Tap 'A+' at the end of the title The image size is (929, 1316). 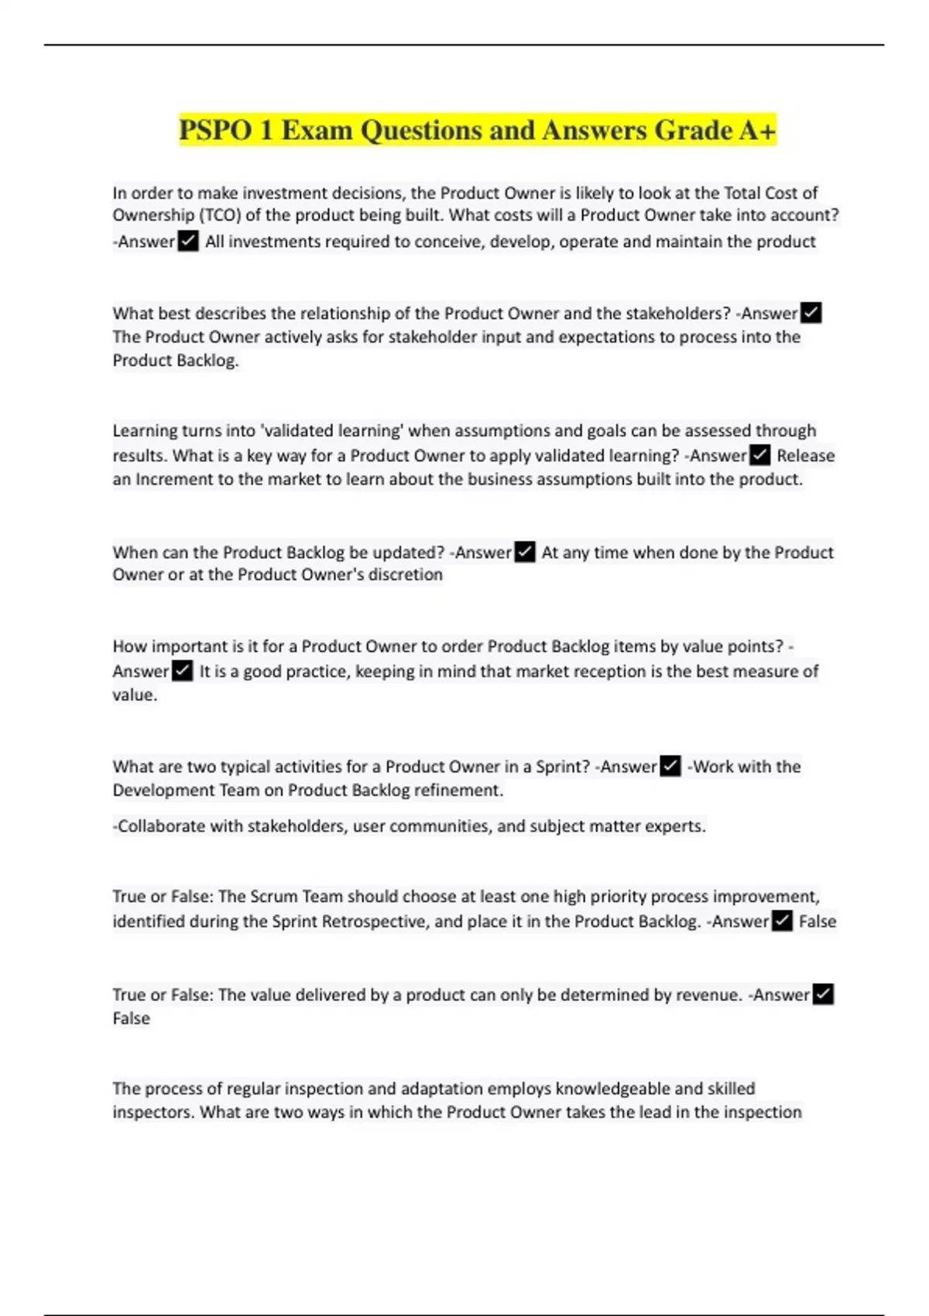(756, 130)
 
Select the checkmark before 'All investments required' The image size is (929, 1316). (188, 242)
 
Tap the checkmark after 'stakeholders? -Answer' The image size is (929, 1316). (811, 313)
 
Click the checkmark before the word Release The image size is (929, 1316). (760, 455)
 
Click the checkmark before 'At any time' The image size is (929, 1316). (525, 552)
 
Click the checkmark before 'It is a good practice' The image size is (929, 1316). (183, 670)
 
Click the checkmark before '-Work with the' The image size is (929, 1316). (670, 766)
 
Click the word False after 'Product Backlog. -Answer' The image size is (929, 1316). (818, 921)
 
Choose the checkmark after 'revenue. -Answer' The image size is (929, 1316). (823, 994)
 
